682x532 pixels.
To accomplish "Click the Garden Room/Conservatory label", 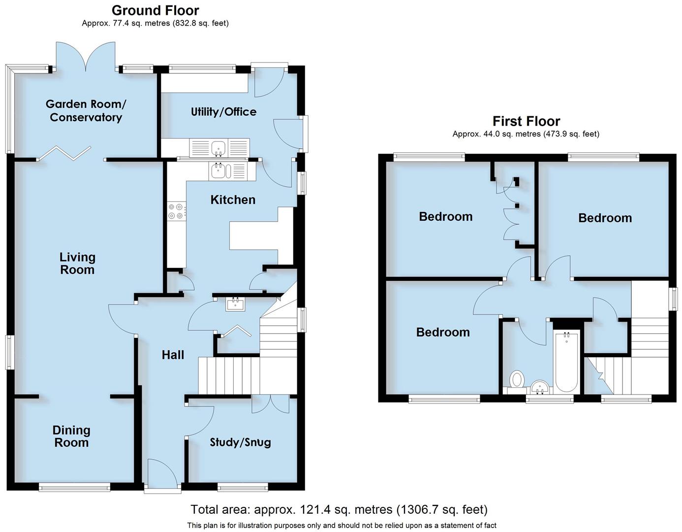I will point(86,111).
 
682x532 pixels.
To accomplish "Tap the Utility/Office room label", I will point(223,112).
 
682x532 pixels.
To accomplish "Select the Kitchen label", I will point(233,199).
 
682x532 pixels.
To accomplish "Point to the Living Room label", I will point(77,263).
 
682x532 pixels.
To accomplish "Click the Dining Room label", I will point(71,436).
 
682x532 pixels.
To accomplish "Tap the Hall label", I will point(173,355).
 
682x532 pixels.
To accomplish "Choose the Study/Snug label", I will point(240,442).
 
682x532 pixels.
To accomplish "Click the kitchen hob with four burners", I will point(176,211).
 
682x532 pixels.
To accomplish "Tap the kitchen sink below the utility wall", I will point(217,171).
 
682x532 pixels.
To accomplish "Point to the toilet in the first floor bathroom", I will point(517,380).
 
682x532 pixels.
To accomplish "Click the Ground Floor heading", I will point(155,10).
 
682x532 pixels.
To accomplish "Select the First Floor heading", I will point(526,121).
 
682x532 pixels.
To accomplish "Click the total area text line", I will point(339,509).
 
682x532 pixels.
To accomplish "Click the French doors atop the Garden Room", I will point(86,57).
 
